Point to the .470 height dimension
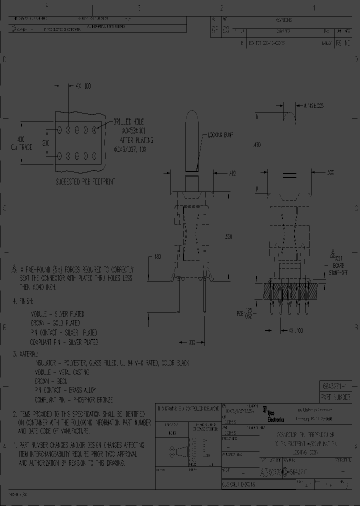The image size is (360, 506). (257, 144)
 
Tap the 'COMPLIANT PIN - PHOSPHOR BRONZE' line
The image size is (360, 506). (74, 400)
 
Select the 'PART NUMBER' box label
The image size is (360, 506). (338, 395)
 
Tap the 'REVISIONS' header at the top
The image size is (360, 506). (283, 20)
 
